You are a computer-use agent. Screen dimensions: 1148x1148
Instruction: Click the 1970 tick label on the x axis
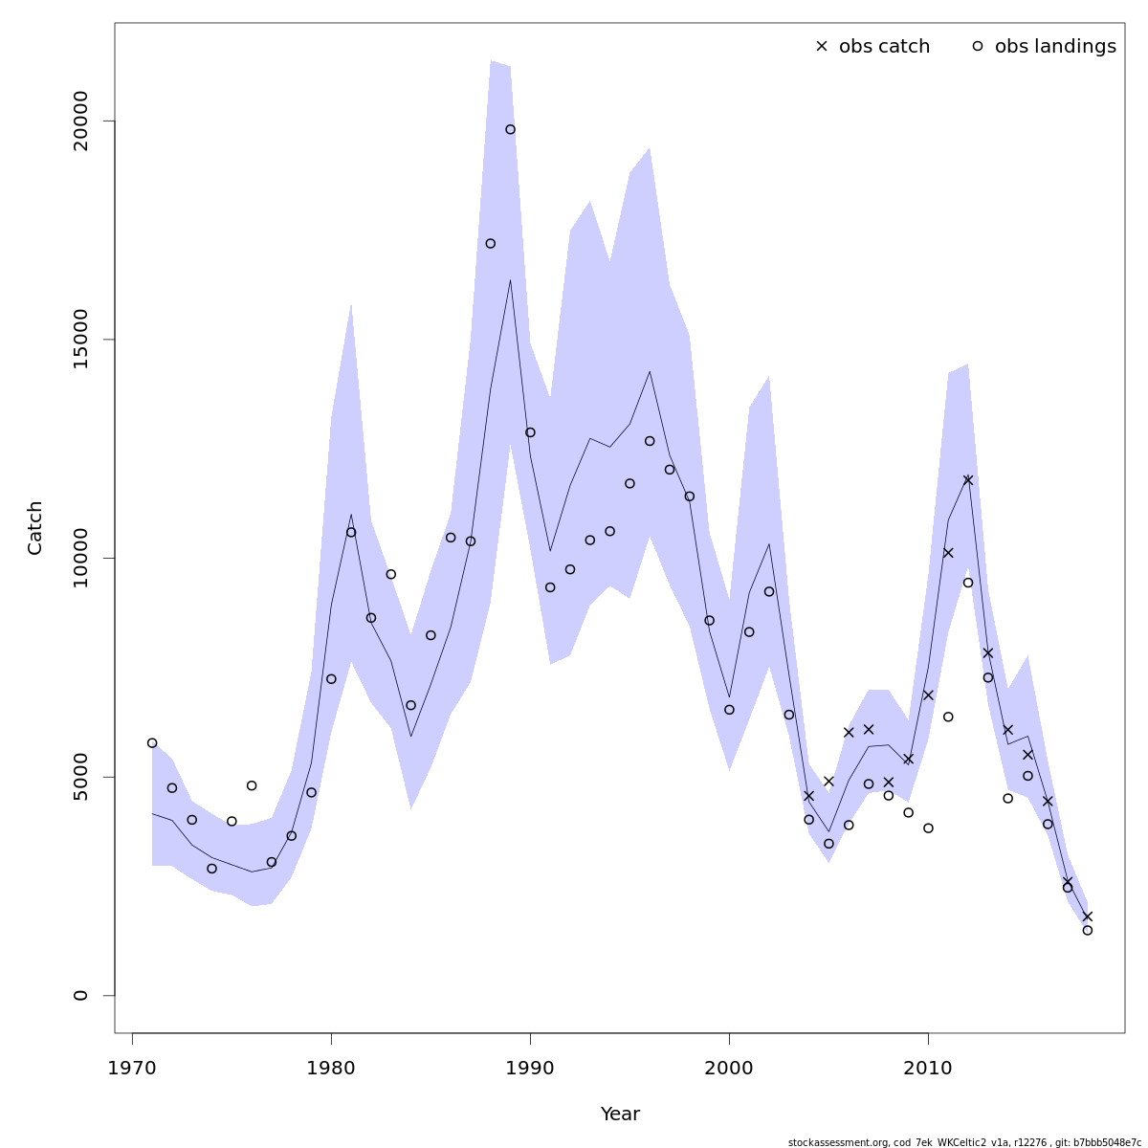coord(132,1067)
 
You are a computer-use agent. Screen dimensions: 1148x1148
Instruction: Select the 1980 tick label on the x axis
coord(331,1067)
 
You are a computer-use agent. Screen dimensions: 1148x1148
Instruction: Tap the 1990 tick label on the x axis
coord(530,1067)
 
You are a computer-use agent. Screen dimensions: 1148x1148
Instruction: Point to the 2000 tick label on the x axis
coord(729,1067)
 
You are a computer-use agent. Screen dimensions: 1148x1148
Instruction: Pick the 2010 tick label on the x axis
coord(928,1067)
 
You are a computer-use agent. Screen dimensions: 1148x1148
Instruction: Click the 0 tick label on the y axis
coord(80,995)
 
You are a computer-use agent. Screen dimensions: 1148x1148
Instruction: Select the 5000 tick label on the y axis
coord(80,777)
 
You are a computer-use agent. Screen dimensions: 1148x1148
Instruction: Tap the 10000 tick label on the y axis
coord(80,558)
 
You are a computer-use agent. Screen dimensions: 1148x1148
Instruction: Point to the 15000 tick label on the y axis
coord(80,340)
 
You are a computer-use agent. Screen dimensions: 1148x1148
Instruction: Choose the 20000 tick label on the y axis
coord(80,121)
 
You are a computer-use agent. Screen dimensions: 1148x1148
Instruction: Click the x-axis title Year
coord(620,1115)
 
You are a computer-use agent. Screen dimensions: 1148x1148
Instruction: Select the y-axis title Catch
coord(35,527)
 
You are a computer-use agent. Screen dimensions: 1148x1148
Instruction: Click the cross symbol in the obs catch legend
coord(821,46)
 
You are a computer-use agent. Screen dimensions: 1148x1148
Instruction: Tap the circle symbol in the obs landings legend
coord(978,46)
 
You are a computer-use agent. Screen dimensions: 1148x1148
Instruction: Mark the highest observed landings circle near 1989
coord(510,129)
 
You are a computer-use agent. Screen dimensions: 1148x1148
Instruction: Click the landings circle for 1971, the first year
coord(152,742)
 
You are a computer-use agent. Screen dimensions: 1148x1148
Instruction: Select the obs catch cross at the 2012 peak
coord(968,480)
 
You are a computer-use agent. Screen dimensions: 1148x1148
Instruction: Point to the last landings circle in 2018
coord(1087,930)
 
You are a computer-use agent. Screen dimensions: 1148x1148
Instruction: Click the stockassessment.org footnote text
coord(963,1142)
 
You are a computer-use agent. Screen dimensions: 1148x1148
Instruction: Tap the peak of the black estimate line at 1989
coord(510,280)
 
